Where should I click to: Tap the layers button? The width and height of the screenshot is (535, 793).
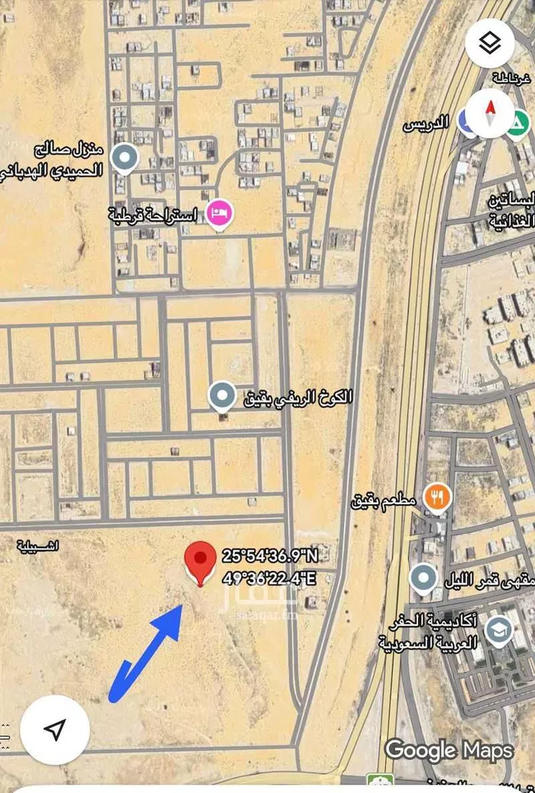[489, 44]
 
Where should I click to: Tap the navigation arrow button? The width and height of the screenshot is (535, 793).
[55, 729]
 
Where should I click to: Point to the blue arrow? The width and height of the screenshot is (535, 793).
[146, 650]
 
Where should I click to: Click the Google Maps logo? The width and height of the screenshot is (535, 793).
[449, 750]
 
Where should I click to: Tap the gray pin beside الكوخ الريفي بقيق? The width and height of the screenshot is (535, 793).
[222, 395]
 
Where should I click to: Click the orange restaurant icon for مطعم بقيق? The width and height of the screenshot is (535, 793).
[437, 497]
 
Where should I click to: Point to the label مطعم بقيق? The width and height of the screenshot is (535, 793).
[383, 501]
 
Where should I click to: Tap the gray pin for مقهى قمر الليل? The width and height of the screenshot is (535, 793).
[424, 577]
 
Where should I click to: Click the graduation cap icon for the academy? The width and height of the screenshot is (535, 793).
[497, 630]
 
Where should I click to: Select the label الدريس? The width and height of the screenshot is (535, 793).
[426, 123]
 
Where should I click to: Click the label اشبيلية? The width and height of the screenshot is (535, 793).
[40, 546]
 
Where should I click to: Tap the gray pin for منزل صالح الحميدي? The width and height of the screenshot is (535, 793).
[126, 158]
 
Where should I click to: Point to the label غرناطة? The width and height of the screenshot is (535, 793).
[511, 76]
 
